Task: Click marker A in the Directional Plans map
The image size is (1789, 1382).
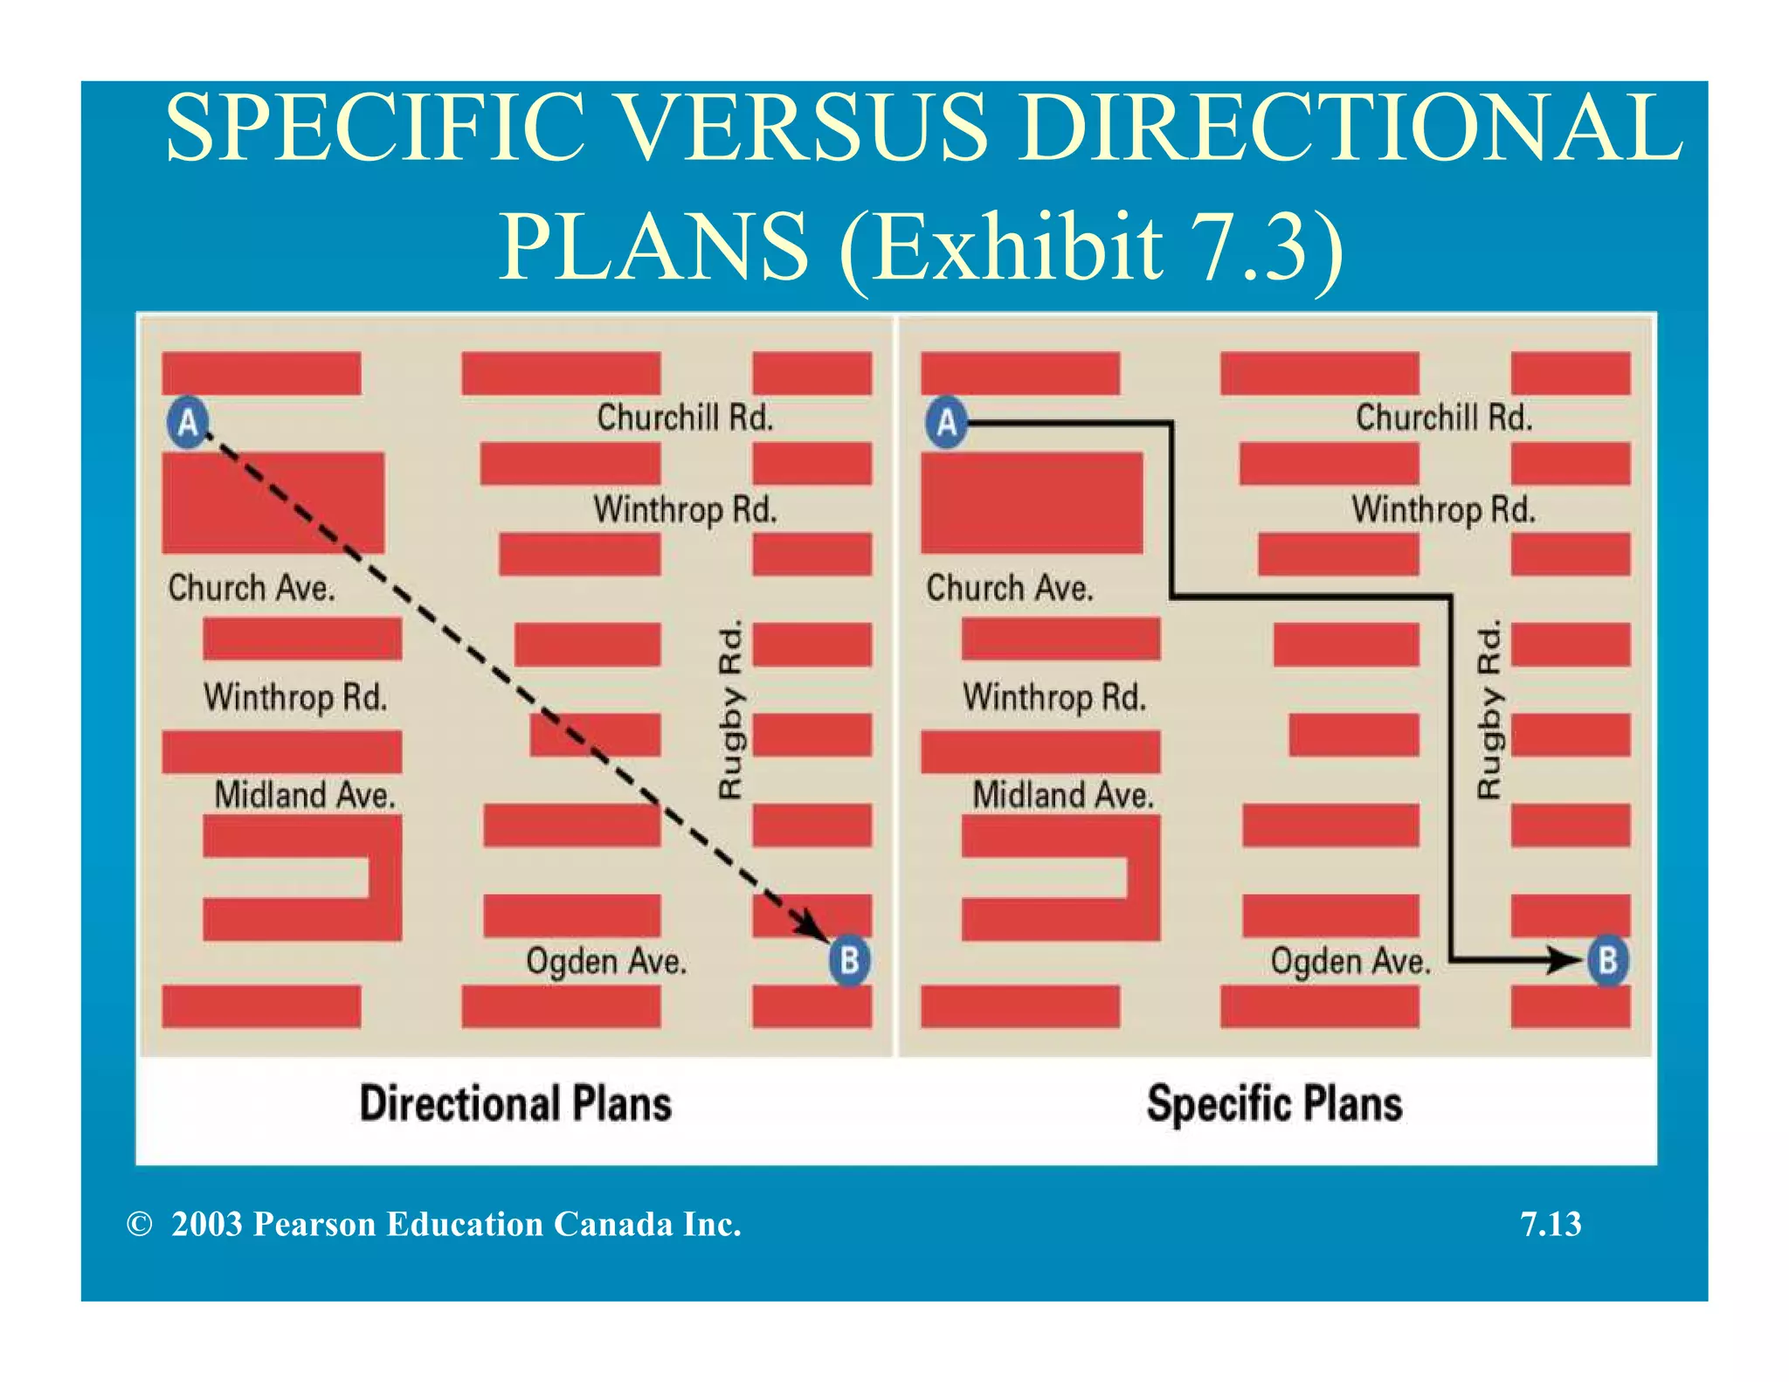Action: click(x=188, y=423)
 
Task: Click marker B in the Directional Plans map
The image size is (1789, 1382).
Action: click(x=849, y=960)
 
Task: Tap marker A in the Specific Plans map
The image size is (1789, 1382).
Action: click(x=947, y=423)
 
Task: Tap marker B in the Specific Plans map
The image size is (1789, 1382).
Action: click(x=1607, y=960)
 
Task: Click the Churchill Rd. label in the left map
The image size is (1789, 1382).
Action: click(x=685, y=418)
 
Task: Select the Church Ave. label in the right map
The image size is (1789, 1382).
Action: click(x=1010, y=588)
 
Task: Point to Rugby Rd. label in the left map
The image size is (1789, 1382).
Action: click(x=730, y=708)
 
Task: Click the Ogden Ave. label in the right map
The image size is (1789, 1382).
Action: click(x=1350, y=961)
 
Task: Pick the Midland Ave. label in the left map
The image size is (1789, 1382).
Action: click(x=305, y=795)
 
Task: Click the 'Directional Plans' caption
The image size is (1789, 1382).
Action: click(x=515, y=1103)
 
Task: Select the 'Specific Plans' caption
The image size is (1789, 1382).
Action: click(x=1274, y=1103)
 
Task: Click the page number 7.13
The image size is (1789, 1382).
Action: click(x=1551, y=1224)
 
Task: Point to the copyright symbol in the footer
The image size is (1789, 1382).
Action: click(x=139, y=1224)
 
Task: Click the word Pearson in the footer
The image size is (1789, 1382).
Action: click(x=314, y=1224)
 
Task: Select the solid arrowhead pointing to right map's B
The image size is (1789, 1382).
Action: click(x=1563, y=960)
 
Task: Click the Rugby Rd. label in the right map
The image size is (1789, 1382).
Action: click(x=1489, y=708)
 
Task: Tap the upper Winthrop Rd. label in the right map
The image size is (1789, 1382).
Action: click(x=1443, y=509)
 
